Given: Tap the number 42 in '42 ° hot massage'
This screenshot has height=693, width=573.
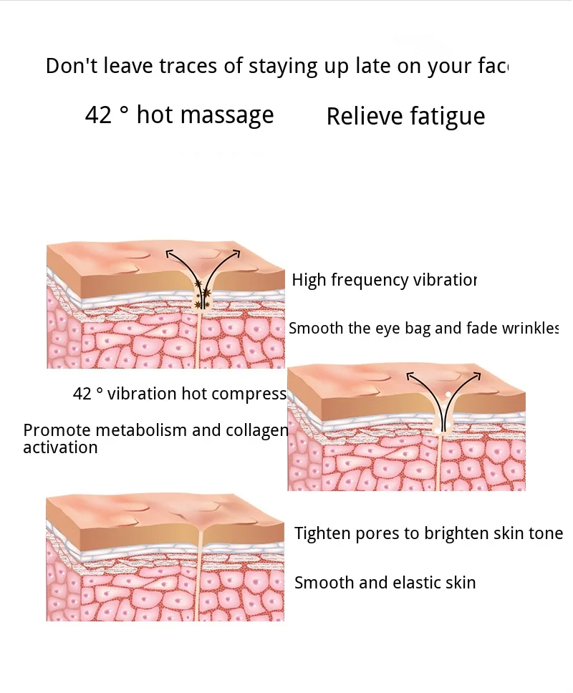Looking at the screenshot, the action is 98,115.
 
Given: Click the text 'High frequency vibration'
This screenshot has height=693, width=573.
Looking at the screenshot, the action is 384,280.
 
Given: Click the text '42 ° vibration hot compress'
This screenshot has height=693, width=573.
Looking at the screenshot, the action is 179,394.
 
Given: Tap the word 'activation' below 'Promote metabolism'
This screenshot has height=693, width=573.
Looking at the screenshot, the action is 60,448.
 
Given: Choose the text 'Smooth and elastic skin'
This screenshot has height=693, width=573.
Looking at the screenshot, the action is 385,583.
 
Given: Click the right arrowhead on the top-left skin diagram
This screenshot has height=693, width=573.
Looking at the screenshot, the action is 238,252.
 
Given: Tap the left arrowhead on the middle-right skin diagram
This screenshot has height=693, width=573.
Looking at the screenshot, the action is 410,374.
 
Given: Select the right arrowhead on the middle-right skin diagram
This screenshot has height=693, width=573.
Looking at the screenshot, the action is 477,374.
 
